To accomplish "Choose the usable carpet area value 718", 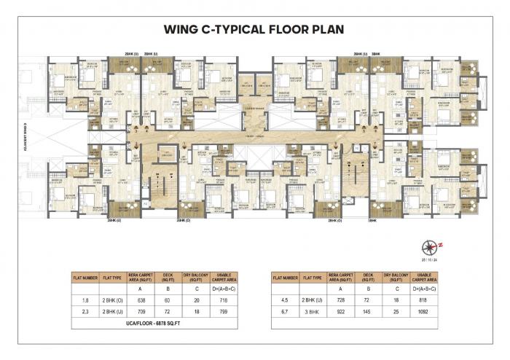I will (223, 299).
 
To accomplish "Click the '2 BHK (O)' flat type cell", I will (113, 299).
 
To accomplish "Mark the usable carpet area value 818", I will (423, 299).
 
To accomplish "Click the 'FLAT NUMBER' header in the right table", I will (283, 278).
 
